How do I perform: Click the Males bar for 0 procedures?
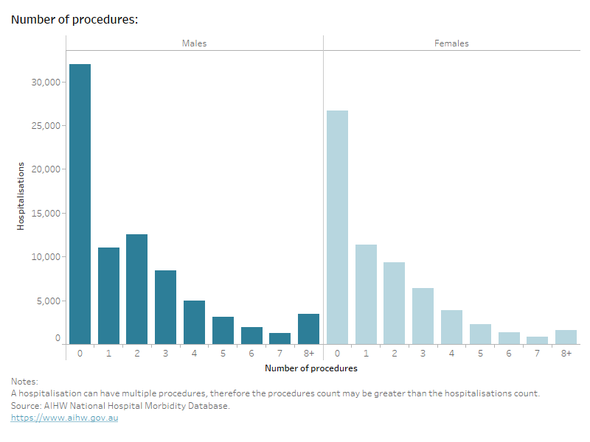coord(80,204)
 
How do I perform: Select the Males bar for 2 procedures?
coord(136,289)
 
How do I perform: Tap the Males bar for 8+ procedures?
coord(308,329)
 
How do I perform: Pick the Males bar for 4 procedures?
coord(194,322)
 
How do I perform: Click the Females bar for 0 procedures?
coord(337,227)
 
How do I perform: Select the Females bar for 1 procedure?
coord(366,294)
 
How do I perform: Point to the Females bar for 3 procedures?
coord(423,315)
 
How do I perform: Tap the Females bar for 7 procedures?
coord(537,340)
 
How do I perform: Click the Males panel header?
coord(195,43)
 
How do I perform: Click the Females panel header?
coord(451,43)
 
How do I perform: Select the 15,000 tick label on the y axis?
coord(46,214)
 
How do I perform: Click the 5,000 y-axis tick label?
coord(49,301)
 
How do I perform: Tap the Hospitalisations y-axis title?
coord(21,196)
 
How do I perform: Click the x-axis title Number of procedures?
coord(310,368)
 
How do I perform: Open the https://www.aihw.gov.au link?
coord(64,418)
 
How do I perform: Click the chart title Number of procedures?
coord(74,20)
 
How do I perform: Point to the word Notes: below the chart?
coord(24,382)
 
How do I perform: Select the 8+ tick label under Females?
coord(566,354)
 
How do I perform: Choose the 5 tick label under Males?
coord(223,354)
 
